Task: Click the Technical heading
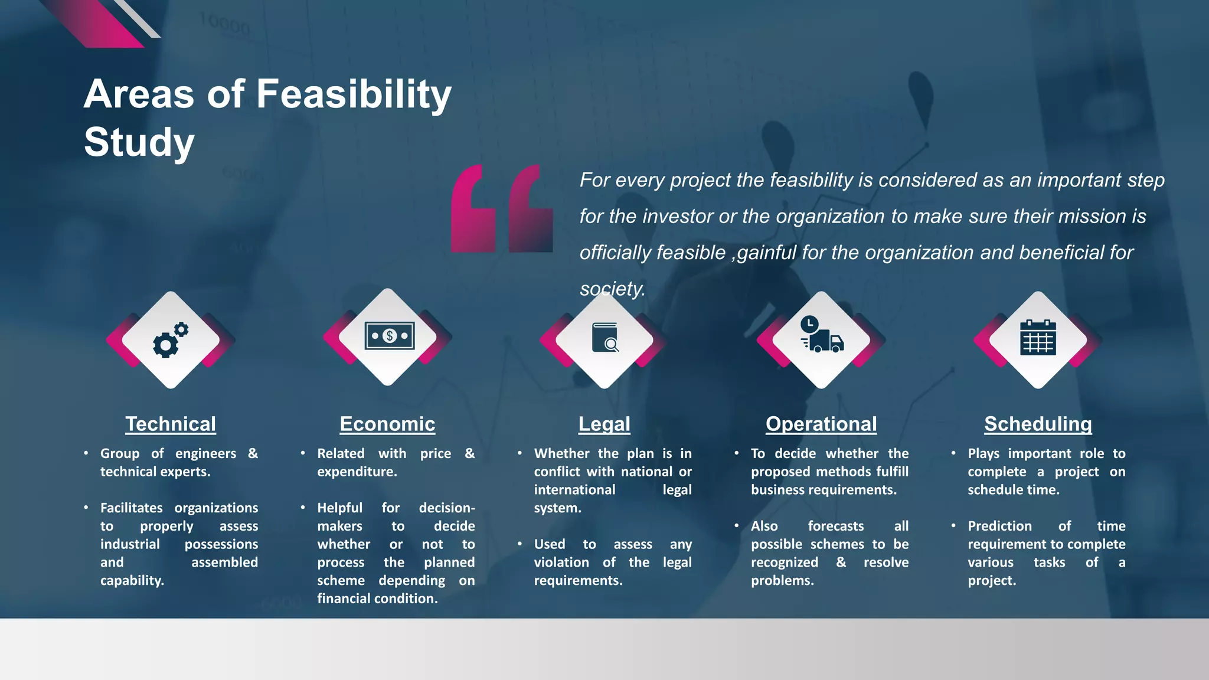(x=171, y=424)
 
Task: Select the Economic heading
(x=387, y=424)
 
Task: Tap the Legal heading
(x=604, y=424)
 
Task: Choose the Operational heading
(x=821, y=424)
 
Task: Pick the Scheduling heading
(x=1038, y=424)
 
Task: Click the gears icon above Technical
(x=171, y=340)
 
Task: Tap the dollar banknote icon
(x=389, y=336)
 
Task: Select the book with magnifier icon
(x=605, y=338)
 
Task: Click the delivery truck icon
(x=822, y=335)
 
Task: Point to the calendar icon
(x=1038, y=337)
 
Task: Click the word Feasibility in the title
(x=354, y=94)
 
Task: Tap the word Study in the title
(x=139, y=142)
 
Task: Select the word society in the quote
(x=611, y=289)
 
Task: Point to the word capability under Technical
(x=132, y=581)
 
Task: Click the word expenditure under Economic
(x=357, y=472)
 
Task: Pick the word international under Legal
(x=574, y=490)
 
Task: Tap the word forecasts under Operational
(x=835, y=526)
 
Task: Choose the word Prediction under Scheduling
(x=999, y=526)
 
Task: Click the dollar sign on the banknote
(x=389, y=336)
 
